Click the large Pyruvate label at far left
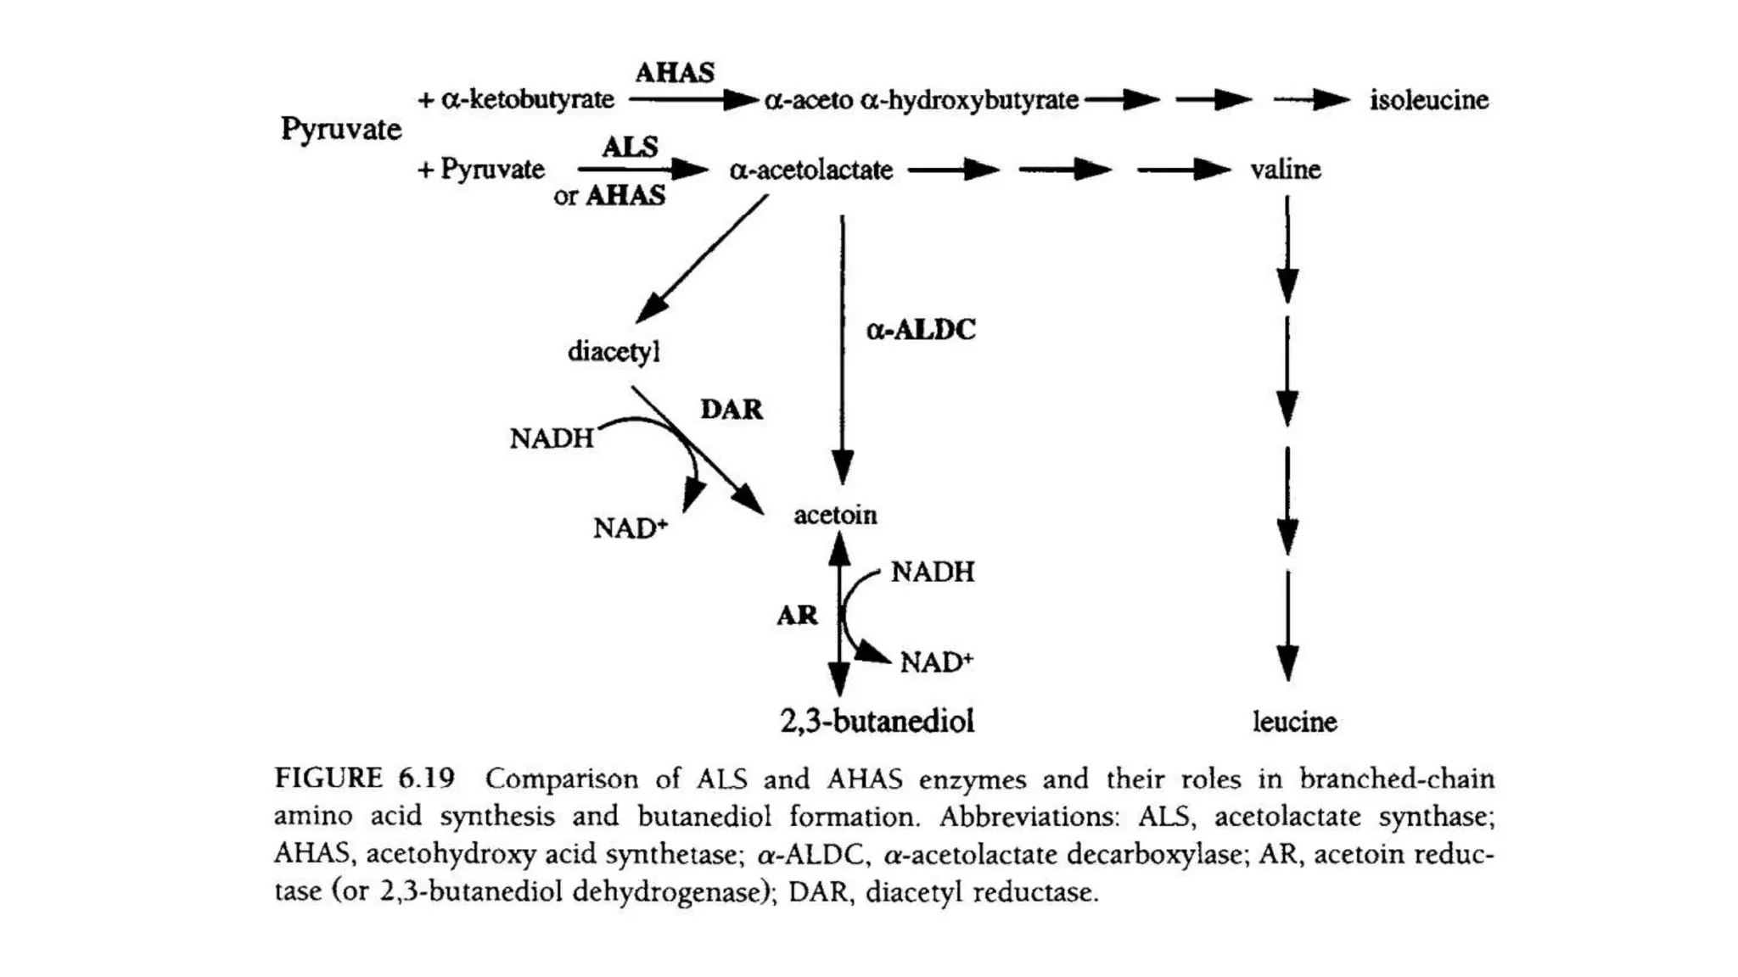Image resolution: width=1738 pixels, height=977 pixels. [x=340, y=130]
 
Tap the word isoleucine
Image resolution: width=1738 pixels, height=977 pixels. [x=1428, y=100]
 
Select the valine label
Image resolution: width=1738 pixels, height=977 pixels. [x=1285, y=170]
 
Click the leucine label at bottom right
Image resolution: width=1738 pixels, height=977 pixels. [x=1294, y=722]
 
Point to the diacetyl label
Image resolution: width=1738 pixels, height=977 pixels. [x=613, y=351]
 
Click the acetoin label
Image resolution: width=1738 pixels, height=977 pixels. [x=835, y=515]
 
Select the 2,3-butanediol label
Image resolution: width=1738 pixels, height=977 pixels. [x=877, y=721]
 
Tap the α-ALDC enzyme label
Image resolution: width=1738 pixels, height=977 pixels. [x=920, y=329]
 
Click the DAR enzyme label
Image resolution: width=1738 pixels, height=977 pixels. [x=731, y=410]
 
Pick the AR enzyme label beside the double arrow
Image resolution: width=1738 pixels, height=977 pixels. [x=797, y=615]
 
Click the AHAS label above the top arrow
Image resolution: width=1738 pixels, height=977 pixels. [x=675, y=73]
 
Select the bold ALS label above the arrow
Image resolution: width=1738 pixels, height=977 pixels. [x=630, y=147]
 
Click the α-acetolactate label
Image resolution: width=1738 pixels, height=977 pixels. [x=810, y=170]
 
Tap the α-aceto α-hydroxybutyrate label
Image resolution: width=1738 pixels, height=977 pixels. [x=921, y=101]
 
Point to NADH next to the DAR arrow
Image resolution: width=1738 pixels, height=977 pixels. [x=552, y=438]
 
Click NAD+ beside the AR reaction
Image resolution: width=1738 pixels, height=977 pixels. [x=936, y=662]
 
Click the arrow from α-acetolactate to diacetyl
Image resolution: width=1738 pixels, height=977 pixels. [x=703, y=257]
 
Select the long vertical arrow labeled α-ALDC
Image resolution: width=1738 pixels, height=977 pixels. [x=842, y=348]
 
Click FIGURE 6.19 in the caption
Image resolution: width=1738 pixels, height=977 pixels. [x=364, y=778]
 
